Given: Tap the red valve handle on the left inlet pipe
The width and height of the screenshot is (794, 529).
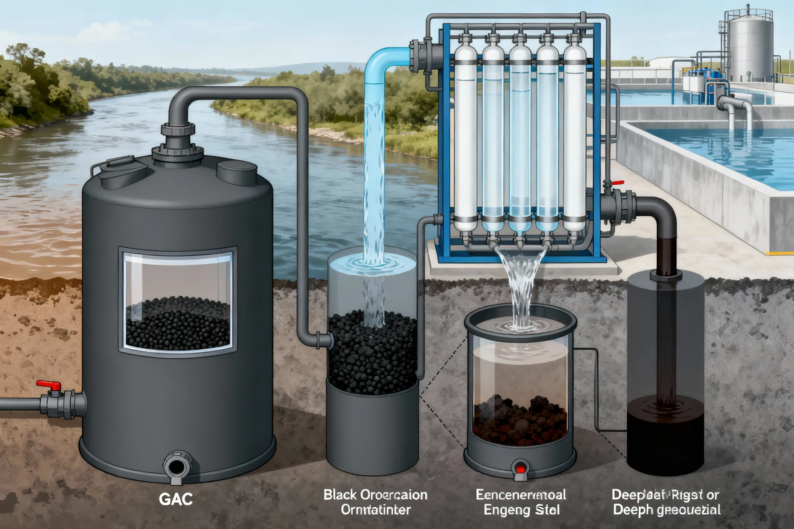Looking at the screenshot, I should (x=49, y=385).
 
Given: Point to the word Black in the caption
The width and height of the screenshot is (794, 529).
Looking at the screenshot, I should (x=340, y=495).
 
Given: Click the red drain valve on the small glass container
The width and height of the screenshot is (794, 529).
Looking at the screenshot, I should (x=520, y=469).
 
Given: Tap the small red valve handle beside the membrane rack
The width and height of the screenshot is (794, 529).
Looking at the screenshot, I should (x=617, y=183).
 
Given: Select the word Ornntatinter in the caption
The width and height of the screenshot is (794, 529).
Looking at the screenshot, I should (x=375, y=510).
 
